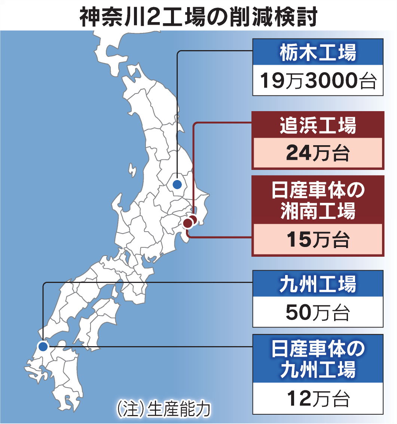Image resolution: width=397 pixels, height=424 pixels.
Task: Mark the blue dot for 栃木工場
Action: [177, 184]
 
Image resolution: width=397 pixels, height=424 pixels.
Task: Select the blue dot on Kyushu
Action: [43, 346]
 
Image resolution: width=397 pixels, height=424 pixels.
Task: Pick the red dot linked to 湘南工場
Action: [188, 224]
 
